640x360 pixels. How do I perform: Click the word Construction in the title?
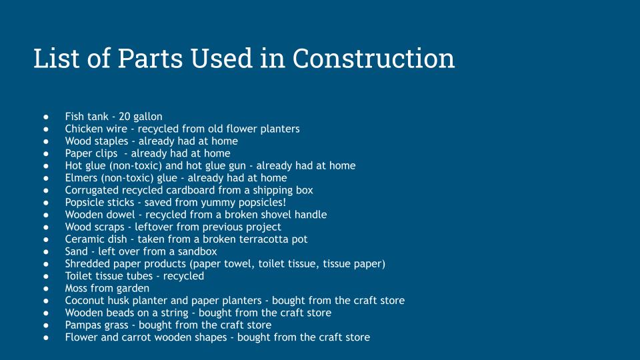pyautogui.click(x=373, y=58)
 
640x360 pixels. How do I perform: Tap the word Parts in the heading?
pyautogui.click(x=150, y=58)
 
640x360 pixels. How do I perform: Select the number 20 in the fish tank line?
pyautogui.click(x=124, y=117)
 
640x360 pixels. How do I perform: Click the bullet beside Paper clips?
pyautogui.click(x=46, y=154)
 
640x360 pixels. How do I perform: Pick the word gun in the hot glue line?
pyautogui.click(x=237, y=166)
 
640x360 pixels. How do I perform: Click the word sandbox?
pyautogui.click(x=197, y=251)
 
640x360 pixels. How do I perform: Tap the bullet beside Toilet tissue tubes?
pyautogui.click(x=46, y=276)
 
